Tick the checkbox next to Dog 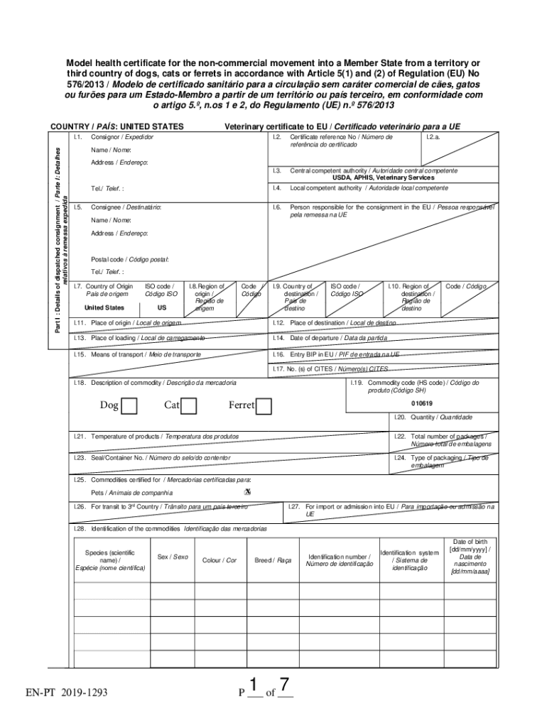point(129,406)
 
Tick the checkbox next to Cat point(188,406)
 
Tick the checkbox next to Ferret point(264,406)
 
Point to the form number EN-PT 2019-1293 point(66,691)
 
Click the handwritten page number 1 point(252,686)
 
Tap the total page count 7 point(284,686)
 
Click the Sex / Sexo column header point(173,557)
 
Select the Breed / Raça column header point(273,560)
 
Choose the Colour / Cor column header point(220,560)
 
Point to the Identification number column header point(339,560)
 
